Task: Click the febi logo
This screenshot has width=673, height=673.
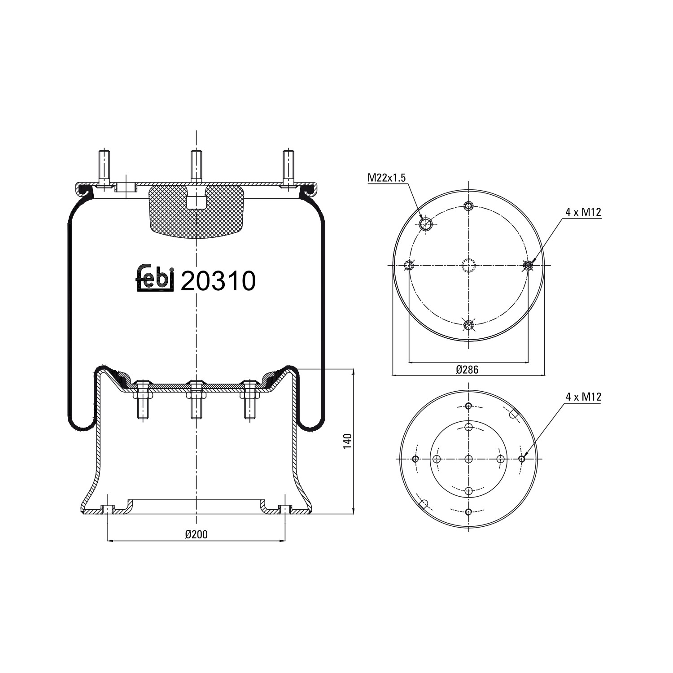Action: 155,280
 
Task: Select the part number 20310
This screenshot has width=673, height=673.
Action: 218,281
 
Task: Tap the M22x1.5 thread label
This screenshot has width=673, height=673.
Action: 386,178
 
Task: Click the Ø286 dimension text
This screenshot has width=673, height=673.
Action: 467,370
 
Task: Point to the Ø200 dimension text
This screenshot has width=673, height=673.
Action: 197,534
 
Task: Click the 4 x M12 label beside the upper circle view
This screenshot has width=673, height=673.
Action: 583,213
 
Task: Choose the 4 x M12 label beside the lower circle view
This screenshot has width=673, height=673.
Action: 583,397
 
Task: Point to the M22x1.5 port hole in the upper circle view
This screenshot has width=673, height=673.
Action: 425,224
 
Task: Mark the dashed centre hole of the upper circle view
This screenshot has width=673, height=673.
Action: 468,266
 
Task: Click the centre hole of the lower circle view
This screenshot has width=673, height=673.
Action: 468,459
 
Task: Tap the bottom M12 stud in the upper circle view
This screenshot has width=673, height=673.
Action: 468,325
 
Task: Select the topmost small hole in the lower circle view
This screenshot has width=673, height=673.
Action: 468,406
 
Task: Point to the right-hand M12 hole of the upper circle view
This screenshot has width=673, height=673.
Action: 528,266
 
